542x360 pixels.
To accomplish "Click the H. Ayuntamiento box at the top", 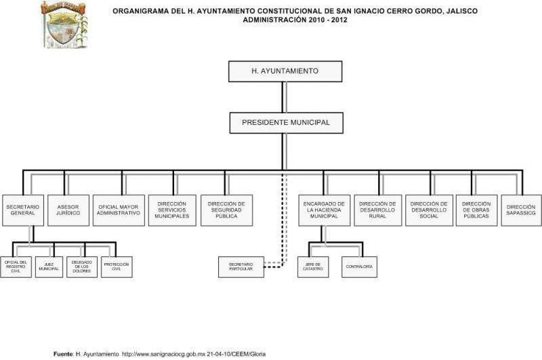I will pyautogui.click(x=285, y=71).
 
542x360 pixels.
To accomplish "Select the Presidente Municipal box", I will pyautogui.click(x=285, y=123).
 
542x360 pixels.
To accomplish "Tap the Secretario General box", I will pyautogui.click(x=23, y=209).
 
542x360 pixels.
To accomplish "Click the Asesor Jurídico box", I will pyautogui.click(x=68, y=209).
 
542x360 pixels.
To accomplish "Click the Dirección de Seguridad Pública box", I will pyautogui.click(x=226, y=209).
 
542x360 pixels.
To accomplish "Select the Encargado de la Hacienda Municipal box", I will pyautogui.click(x=324, y=209).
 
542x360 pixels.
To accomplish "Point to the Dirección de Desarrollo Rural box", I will pyautogui.click(x=377, y=209).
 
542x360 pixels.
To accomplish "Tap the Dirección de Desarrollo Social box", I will pyautogui.click(x=429, y=209).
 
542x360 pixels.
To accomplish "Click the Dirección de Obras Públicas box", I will pyautogui.click(x=476, y=209).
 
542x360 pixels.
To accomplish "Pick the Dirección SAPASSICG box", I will pyautogui.click(x=520, y=209).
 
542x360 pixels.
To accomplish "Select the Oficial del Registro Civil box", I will pyautogui.click(x=16, y=266).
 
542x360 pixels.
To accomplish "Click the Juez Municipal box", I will pyautogui.click(x=49, y=266).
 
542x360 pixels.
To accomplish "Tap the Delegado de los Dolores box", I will pyautogui.click(x=81, y=266).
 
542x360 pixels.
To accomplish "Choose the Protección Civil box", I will pyautogui.click(x=116, y=266).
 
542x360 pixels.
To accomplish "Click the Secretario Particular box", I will pyautogui.click(x=241, y=266).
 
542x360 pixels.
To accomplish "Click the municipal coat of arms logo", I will pyautogui.click(x=64, y=24).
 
